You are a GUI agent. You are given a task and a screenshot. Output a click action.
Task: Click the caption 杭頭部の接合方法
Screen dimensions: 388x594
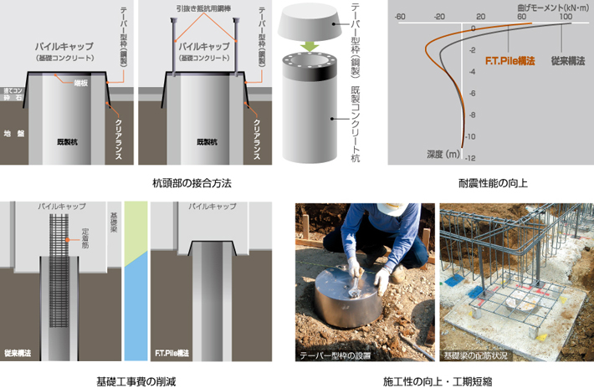pyautogui.click(x=192, y=182)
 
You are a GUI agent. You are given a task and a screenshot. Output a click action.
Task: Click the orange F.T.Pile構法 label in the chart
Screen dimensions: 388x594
pyautogui.click(x=510, y=62)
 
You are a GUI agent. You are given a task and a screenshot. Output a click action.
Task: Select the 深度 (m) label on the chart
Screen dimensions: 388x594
pyautogui.click(x=443, y=156)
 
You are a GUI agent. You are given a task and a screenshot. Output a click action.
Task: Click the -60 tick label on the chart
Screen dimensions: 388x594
pyautogui.click(x=400, y=16)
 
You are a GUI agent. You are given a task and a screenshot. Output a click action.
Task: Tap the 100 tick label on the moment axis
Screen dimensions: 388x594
pyautogui.click(x=566, y=16)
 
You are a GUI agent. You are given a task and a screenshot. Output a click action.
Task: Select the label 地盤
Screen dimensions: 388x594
pyautogui.click(x=13, y=133)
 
